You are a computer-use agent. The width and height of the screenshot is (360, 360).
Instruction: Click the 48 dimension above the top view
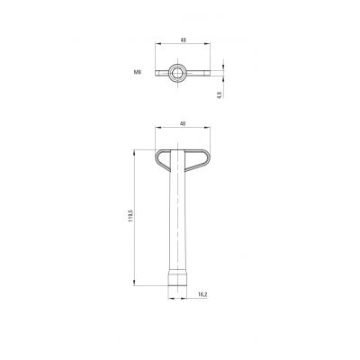pyautogui.click(x=182, y=40)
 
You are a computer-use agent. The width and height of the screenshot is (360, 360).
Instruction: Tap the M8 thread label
pyautogui.click(x=138, y=72)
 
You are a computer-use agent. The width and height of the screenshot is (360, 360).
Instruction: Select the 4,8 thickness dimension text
pyautogui.click(x=220, y=94)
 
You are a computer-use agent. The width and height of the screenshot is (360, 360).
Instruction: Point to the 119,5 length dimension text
pyautogui.click(x=130, y=216)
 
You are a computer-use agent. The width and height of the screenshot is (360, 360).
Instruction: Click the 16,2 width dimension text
pyautogui.click(x=202, y=294)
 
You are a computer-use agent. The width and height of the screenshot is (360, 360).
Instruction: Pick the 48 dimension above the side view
pyautogui.click(x=182, y=123)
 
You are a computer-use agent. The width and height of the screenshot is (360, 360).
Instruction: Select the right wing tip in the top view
pyautogui.click(x=208, y=73)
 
